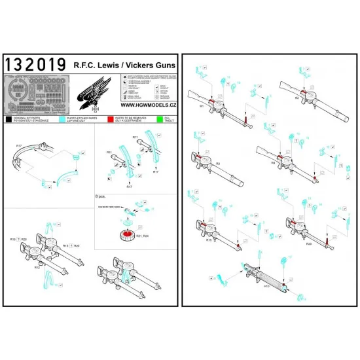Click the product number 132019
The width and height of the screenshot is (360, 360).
35,63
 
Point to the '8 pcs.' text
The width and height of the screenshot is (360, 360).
103,196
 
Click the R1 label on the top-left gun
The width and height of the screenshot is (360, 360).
202,105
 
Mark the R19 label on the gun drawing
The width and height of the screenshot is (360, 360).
209,240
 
